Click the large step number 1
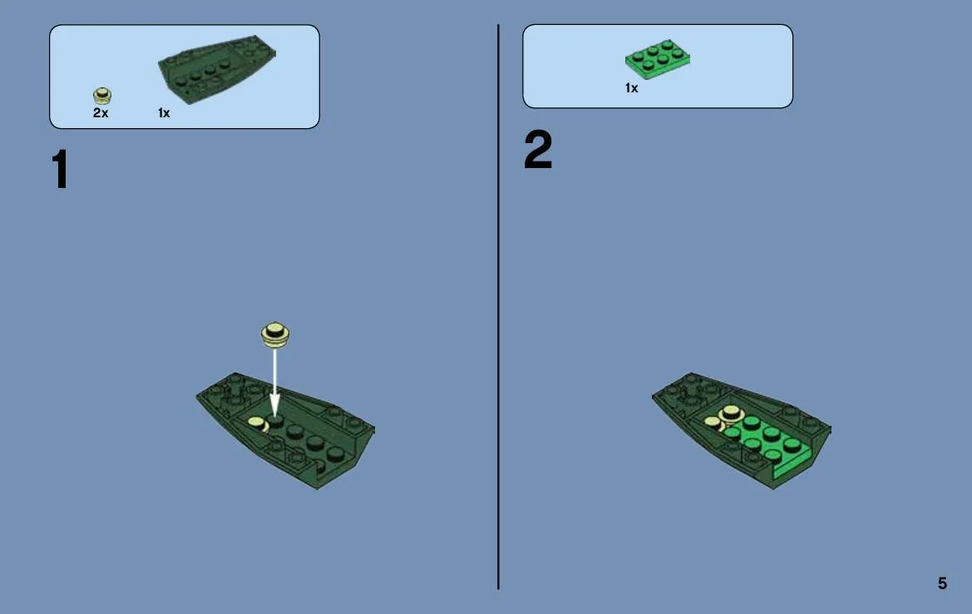[x=60, y=169]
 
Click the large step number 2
[x=537, y=150]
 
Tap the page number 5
[x=942, y=583]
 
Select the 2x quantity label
[x=101, y=113]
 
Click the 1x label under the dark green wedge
[x=164, y=113]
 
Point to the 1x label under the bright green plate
[x=631, y=88]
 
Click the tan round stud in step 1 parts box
[x=102, y=96]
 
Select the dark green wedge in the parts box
[x=217, y=68]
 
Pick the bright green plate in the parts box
[x=657, y=60]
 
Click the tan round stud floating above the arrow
[x=274, y=334]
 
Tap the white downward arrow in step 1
[x=274, y=379]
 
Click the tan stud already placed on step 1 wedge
[x=257, y=423]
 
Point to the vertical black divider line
[x=498, y=307]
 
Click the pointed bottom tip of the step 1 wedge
[x=317, y=488]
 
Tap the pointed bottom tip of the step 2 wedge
[x=772, y=488]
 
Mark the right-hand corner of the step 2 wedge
[x=830, y=428]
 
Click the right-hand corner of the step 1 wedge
[x=374, y=428]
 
